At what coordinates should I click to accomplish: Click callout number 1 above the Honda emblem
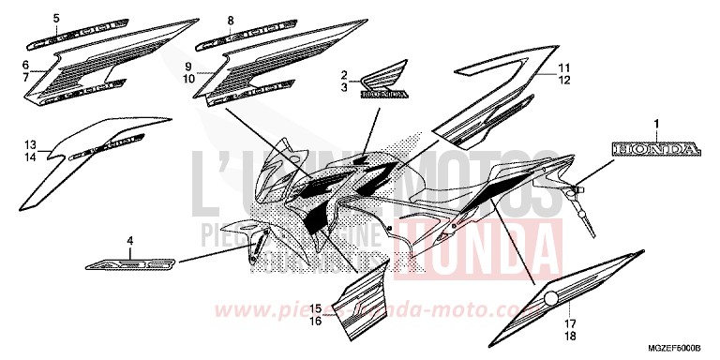coord(657,124)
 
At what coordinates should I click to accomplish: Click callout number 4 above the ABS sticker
coord(130,241)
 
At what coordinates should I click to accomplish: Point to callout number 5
coord(29,19)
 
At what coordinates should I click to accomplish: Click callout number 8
coord(202,20)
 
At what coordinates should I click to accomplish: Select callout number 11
coord(564,68)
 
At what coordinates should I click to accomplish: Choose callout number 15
coord(317,307)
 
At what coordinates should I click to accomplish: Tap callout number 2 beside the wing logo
coord(344,73)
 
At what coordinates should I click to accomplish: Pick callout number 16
coord(317,320)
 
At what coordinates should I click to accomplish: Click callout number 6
coord(26,64)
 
